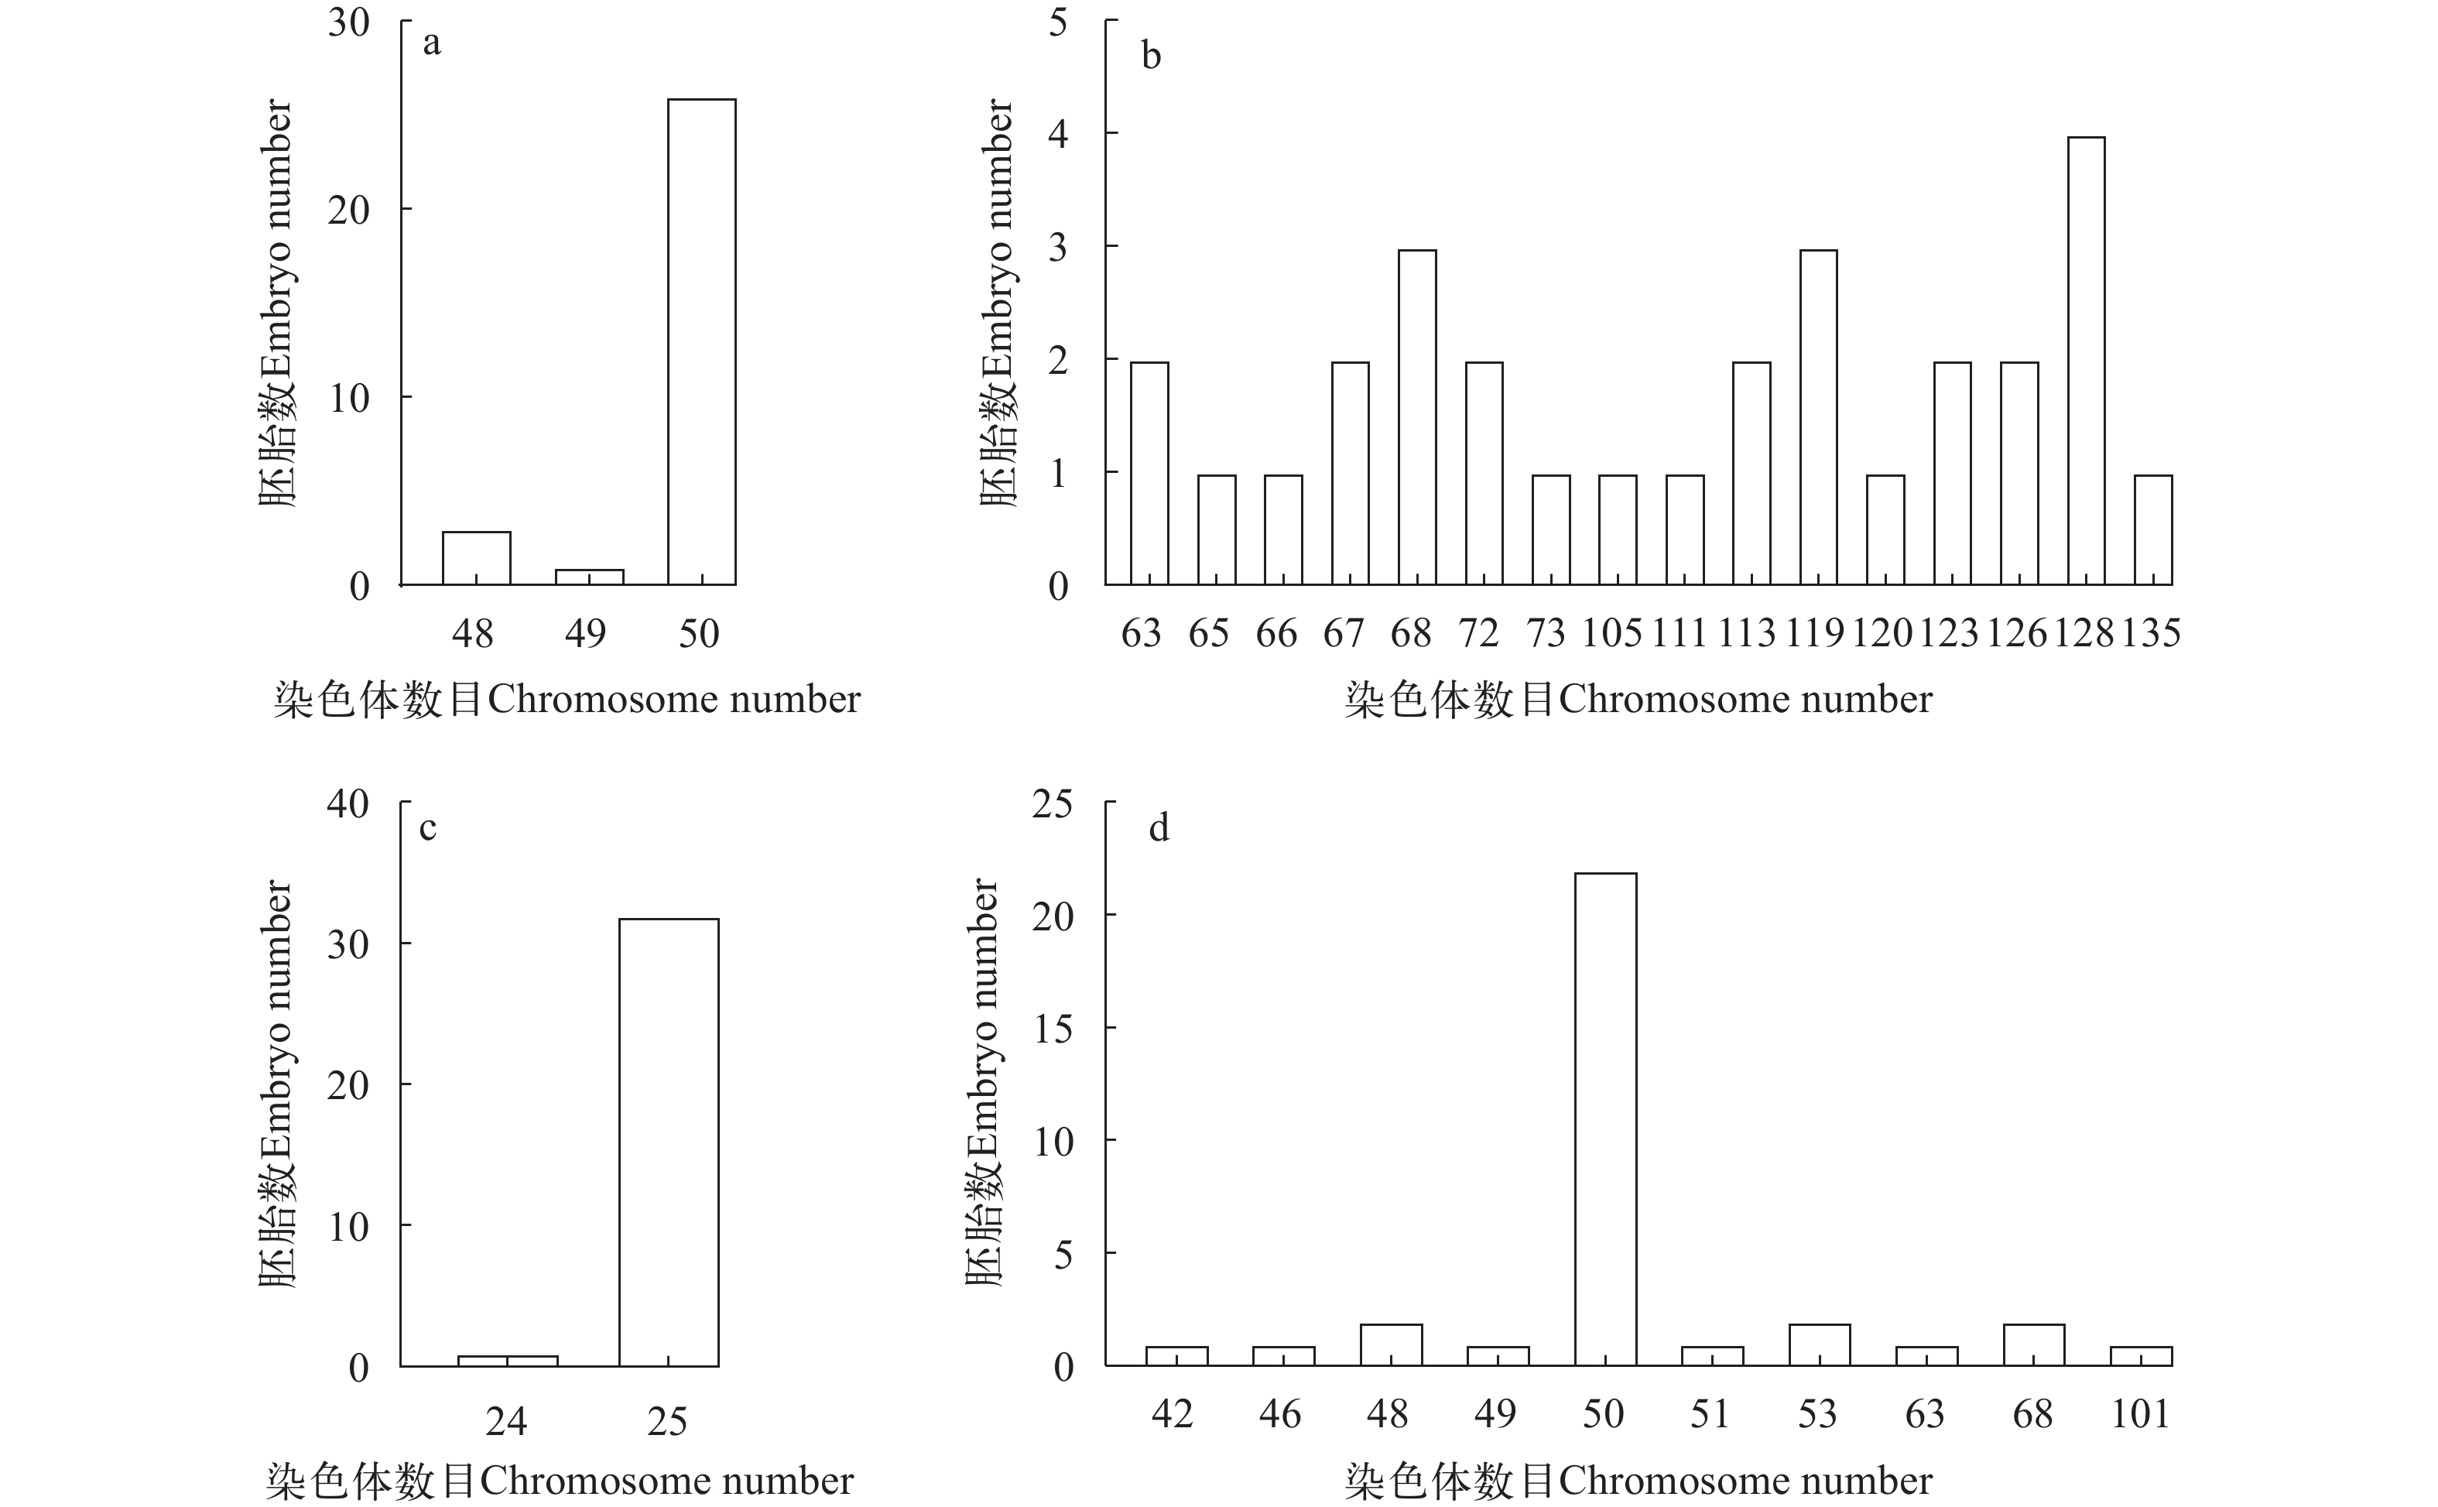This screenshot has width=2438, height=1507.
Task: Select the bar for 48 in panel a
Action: [476, 558]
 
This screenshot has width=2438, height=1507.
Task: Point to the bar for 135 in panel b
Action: [2153, 529]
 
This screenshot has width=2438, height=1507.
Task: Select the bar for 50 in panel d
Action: [1605, 1118]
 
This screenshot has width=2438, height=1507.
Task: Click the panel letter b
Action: [1151, 57]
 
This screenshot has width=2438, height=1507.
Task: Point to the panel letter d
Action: [1158, 828]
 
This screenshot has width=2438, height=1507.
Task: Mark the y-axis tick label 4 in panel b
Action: [1058, 134]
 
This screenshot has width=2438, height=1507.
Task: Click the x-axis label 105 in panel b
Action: [1611, 633]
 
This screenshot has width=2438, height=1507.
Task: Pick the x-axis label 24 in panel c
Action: [506, 1420]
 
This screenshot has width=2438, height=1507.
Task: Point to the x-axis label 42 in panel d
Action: [1172, 1413]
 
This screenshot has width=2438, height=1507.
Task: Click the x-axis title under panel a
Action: [566, 700]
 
